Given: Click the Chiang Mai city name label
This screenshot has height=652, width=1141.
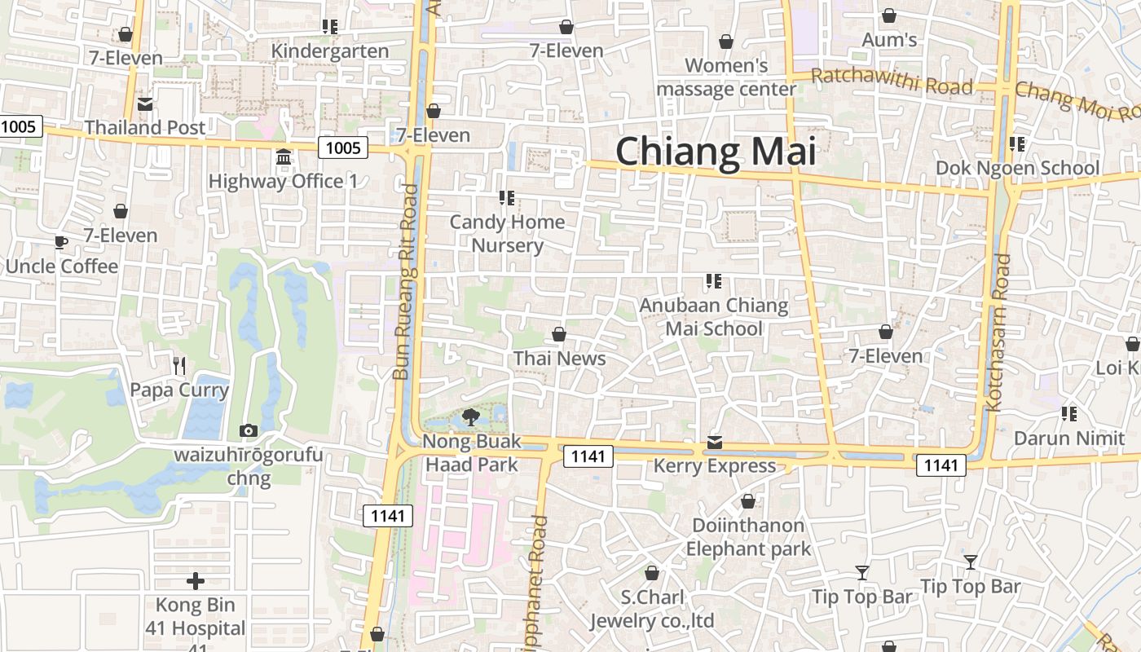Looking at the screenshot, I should click(716, 152).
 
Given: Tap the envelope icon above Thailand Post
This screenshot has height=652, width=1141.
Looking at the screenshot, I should click(145, 104).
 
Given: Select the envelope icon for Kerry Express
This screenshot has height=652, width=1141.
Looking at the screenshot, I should click(715, 443).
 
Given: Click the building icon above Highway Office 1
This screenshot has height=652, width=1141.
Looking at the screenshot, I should click(284, 157).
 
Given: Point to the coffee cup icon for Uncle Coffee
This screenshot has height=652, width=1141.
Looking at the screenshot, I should click(61, 242).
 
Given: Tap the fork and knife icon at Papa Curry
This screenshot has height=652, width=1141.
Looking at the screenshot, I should click(179, 366).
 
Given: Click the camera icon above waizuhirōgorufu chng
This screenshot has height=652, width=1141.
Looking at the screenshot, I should click(249, 430).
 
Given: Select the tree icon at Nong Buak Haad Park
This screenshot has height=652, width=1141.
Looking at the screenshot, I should click(470, 418).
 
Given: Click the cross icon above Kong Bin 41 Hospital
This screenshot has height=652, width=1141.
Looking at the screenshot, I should click(196, 581).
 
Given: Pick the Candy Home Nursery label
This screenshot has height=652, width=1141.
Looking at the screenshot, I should click(507, 233).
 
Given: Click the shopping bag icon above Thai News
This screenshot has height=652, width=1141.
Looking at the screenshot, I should click(559, 334).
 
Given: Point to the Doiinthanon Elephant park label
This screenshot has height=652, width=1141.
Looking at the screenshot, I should click(748, 536).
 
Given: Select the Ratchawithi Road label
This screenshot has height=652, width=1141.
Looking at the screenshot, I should click(892, 81).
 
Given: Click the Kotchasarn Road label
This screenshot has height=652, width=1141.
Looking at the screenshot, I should click(998, 333).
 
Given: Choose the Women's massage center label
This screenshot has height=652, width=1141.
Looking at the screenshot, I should click(726, 77).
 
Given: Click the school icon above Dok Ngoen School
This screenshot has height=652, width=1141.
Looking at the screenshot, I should click(1016, 144).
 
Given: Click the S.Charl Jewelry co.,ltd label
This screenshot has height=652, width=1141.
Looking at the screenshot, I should click(652, 609).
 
